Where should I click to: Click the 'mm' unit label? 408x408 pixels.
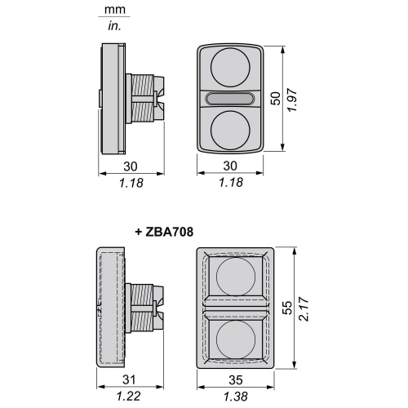pos(115,10)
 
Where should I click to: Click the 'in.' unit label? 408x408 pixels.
pos(114,26)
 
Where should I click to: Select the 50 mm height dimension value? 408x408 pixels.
pos(276,99)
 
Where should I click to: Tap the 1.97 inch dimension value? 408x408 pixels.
pos(292,100)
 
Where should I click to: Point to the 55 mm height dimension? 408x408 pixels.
pos(287,308)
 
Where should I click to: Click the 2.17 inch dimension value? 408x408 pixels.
pos(304,309)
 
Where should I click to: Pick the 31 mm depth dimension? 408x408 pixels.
pos(129,379)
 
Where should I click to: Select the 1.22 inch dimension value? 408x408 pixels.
pos(129,396)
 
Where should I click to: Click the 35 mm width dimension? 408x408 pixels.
pos(236,380)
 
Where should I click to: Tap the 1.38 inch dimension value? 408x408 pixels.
pos(236,397)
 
